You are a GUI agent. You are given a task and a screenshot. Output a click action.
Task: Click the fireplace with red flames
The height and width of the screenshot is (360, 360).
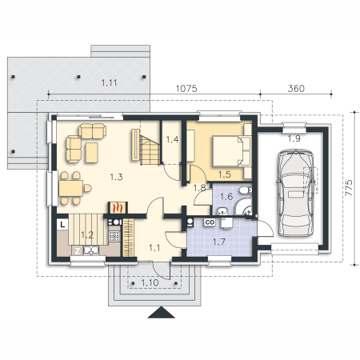(118, 207)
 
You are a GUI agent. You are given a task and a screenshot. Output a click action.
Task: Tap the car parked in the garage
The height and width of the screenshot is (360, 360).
(295, 193)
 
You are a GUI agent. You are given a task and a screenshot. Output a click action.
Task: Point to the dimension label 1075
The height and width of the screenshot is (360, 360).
(186, 89)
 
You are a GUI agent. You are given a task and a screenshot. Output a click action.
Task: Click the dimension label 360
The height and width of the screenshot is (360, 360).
(296, 89)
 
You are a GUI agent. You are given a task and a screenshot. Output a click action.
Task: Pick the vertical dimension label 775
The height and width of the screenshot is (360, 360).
(349, 188)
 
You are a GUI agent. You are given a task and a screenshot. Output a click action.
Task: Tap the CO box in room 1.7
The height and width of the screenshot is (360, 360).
(210, 222)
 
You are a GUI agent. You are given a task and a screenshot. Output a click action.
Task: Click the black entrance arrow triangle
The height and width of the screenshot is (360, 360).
(161, 312)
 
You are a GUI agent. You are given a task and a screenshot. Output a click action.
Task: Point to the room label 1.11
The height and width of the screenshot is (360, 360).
(109, 83)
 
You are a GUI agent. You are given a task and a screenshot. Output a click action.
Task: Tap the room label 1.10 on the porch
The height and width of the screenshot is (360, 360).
(150, 282)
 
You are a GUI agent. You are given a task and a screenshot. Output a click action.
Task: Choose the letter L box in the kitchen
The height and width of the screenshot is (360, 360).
(62, 224)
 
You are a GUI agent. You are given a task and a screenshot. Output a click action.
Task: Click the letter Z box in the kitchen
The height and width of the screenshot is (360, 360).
(78, 251)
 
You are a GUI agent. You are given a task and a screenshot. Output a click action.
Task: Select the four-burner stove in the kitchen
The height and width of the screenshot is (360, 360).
(114, 236)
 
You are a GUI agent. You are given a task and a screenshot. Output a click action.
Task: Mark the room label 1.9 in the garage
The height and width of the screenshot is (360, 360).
(294, 138)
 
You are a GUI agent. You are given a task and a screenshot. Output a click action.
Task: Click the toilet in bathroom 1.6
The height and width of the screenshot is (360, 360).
(245, 190)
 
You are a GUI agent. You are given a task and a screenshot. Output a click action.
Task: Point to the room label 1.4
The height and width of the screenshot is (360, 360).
(172, 139)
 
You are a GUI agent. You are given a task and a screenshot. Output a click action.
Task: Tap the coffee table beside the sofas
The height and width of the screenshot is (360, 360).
(91, 153)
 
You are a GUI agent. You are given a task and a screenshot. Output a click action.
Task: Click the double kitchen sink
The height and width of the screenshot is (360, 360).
(91, 250)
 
